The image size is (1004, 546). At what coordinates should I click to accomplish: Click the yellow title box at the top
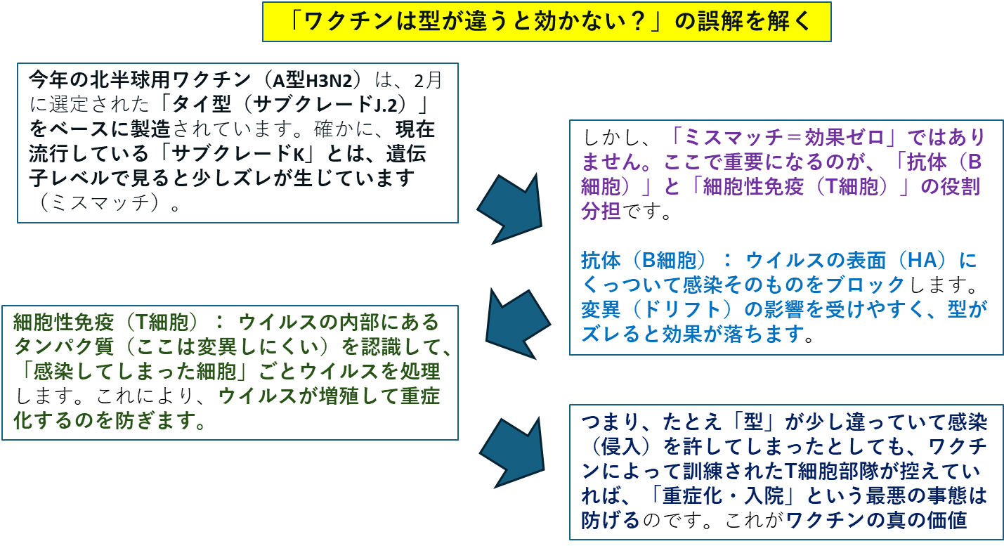(x=547, y=22)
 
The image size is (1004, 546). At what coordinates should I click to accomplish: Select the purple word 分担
(x=601, y=211)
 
